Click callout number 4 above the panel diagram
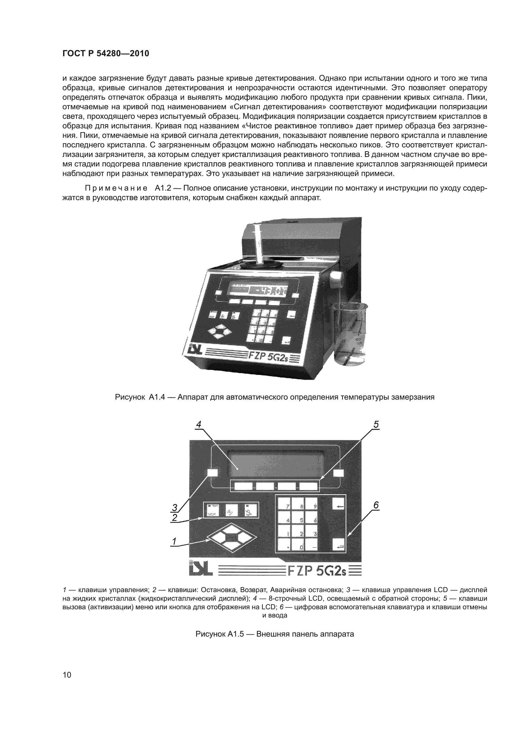click(x=199, y=424)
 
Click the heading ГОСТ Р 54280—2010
click(x=106, y=54)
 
